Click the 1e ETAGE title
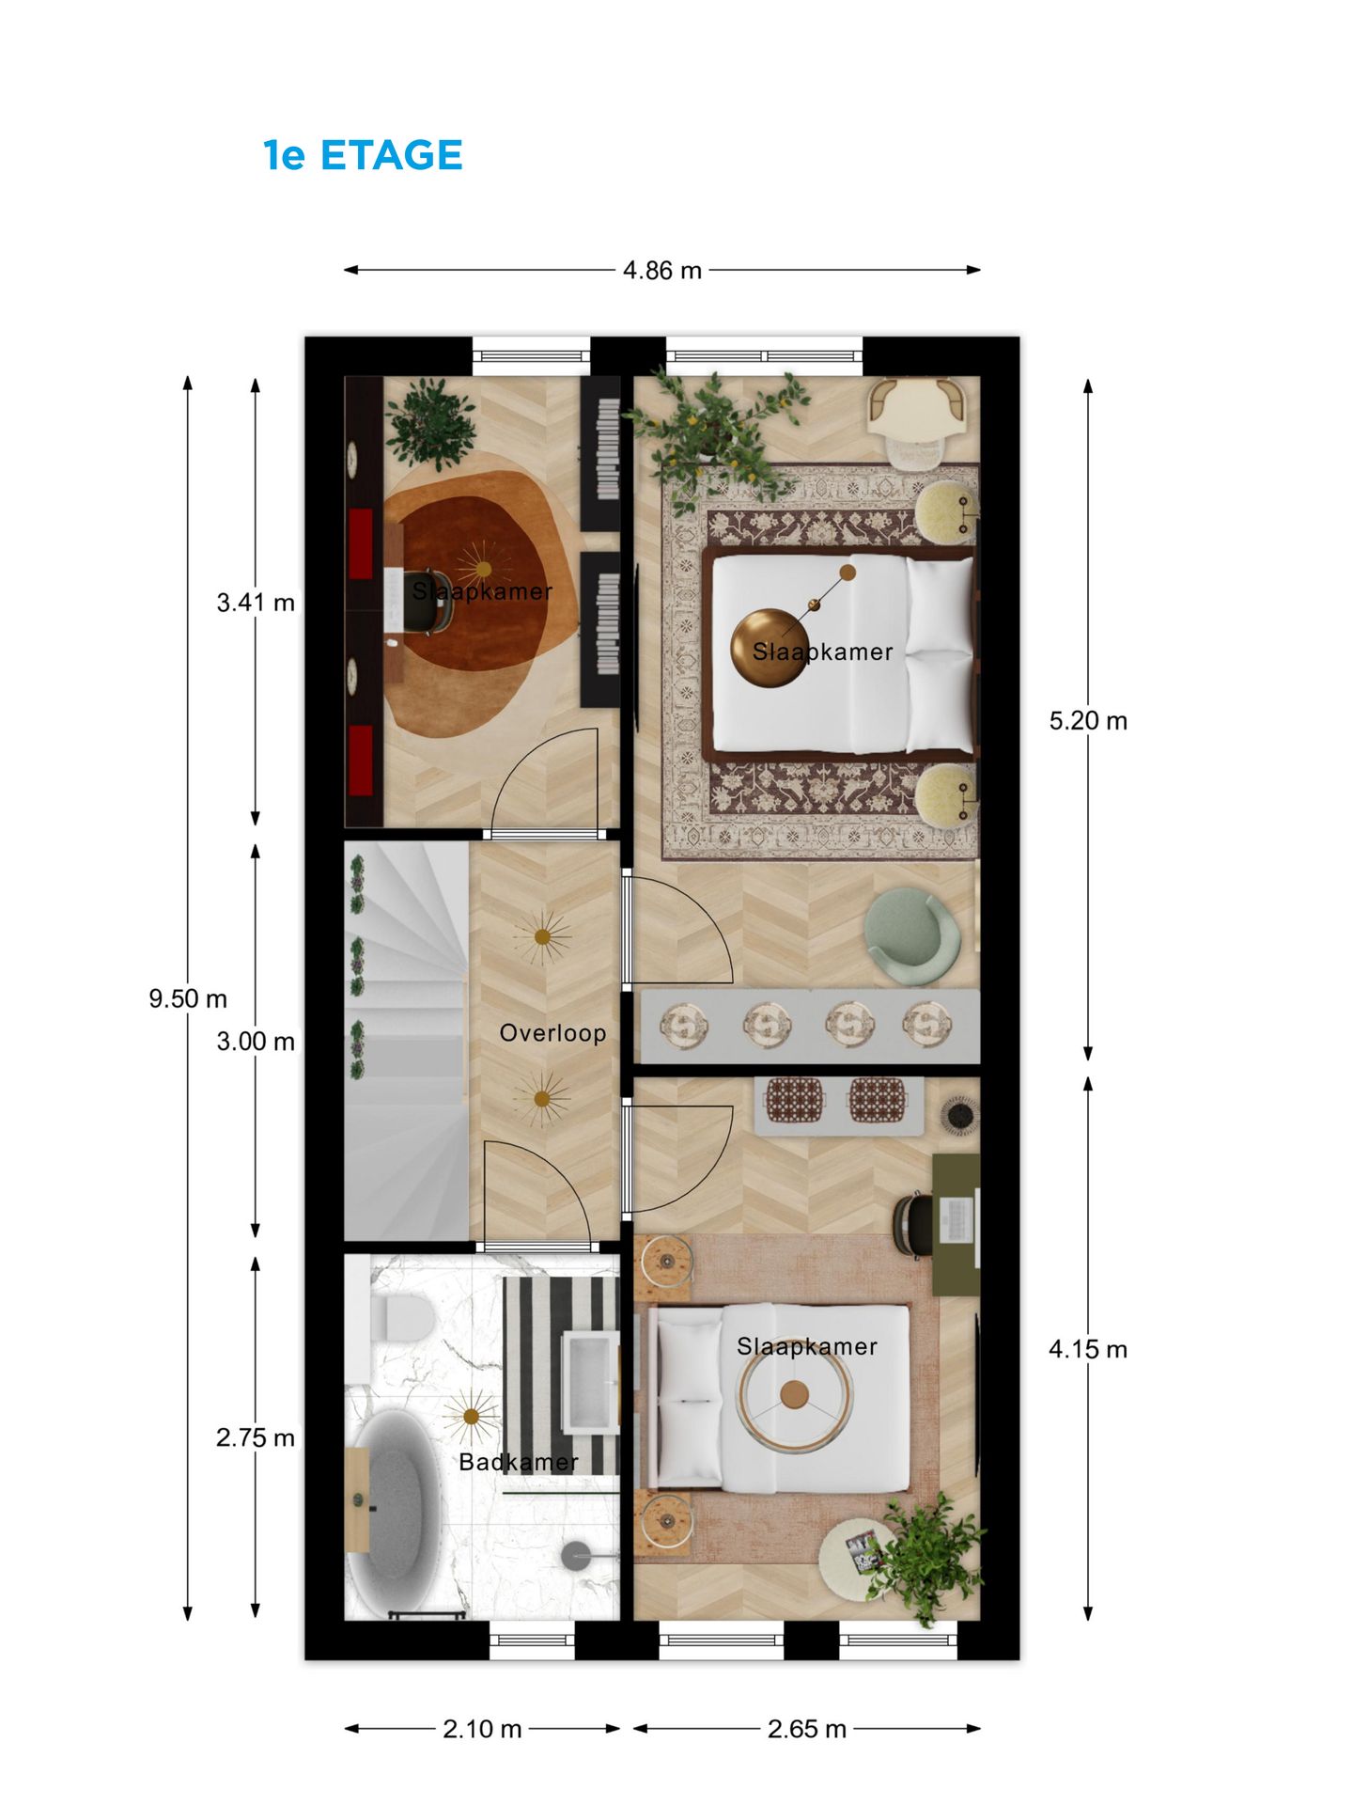(x=363, y=155)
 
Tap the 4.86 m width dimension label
(x=662, y=271)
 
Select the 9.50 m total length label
(x=188, y=998)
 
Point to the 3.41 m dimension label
(x=256, y=603)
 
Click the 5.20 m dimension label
(x=1088, y=721)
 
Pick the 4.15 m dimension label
(x=1088, y=1350)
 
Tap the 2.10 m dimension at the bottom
(x=482, y=1729)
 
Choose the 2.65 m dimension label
(x=807, y=1729)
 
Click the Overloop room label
(x=552, y=1033)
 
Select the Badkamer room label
(x=519, y=1462)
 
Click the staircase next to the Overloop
(x=406, y=1041)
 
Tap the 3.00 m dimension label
(x=256, y=1042)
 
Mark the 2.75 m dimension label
(x=256, y=1438)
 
